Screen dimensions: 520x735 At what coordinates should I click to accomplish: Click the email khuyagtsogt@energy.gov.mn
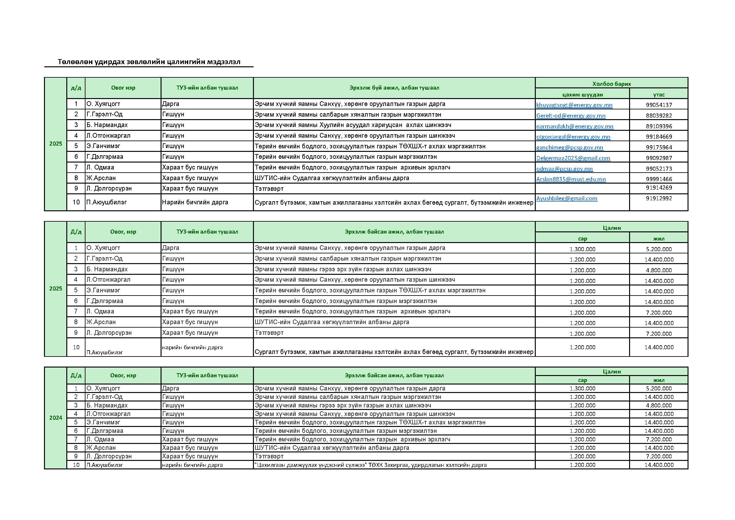[574, 105]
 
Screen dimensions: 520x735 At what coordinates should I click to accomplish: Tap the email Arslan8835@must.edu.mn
[571, 179]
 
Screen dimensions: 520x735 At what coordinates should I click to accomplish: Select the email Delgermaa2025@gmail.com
[573, 158]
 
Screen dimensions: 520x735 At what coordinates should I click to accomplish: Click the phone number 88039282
[659, 116]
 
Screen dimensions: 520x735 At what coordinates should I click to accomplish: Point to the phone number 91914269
[659, 188]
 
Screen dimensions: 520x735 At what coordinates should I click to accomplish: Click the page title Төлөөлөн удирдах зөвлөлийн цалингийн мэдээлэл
[149, 62]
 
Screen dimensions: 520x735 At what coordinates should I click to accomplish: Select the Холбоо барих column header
[611, 84]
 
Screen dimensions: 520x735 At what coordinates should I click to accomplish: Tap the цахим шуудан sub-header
[582, 94]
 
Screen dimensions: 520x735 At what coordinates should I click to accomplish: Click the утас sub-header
[659, 94]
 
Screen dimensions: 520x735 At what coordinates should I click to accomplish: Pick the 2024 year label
[55, 418]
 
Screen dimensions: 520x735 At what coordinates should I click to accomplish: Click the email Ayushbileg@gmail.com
[567, 198]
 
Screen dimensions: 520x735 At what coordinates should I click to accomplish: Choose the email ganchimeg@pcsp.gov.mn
[569, 148]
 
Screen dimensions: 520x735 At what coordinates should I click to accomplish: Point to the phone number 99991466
[659, 179]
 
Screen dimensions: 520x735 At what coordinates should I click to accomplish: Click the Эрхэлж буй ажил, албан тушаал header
[394, 88]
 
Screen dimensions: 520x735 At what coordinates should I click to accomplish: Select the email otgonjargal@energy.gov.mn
[573, 137]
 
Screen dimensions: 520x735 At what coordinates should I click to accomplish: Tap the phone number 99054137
[659, 105]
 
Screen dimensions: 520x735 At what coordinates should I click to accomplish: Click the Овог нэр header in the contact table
[123, 88]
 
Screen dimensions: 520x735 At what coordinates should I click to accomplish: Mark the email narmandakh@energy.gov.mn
[575, 126]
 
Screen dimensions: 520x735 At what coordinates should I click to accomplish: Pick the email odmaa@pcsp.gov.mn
[564, 169]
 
